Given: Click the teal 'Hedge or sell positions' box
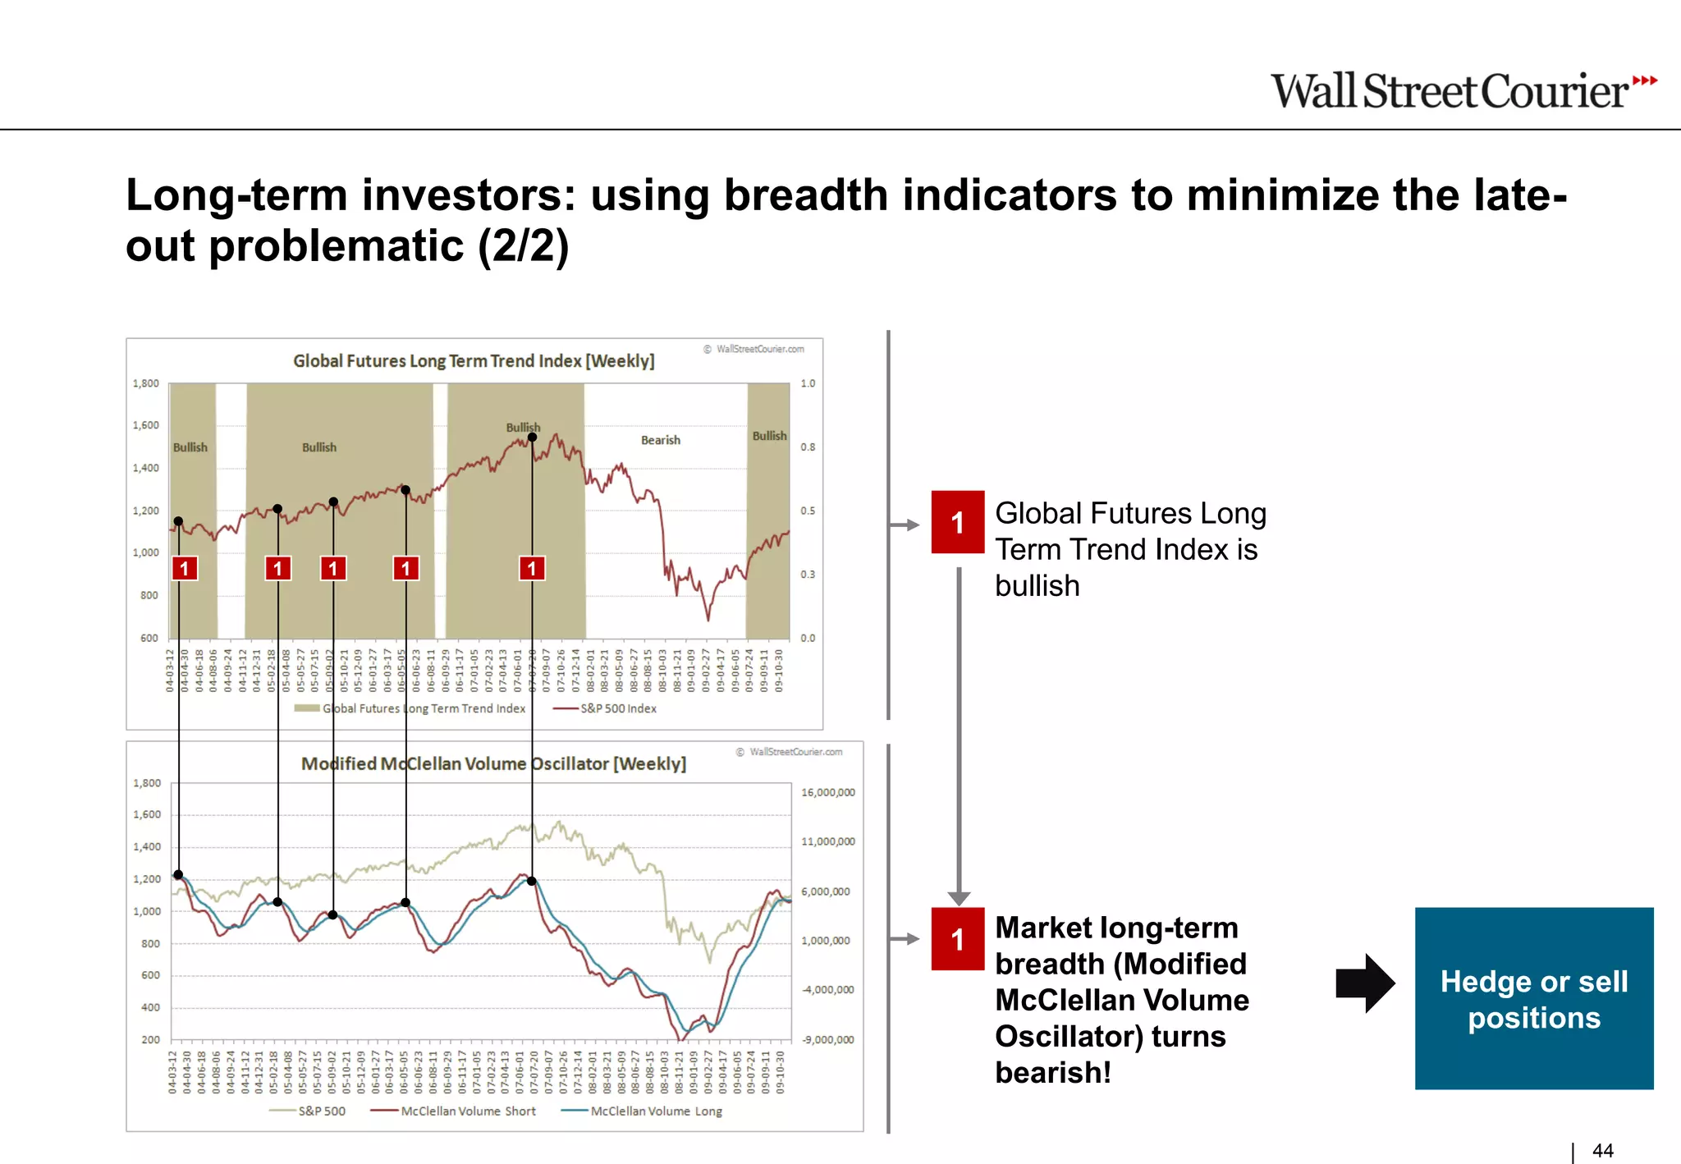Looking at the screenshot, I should click(x=1533, y=998).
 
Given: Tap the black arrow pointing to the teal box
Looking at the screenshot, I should click(x=1364, y=983).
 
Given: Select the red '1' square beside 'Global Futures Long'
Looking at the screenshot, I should click(x=957, y=522).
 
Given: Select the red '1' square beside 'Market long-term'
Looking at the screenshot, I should click(x=957, y=939).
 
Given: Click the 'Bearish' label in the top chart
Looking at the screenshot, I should click(x=660, y=440).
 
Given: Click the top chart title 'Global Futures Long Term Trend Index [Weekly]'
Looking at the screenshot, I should click(x=474, y=360).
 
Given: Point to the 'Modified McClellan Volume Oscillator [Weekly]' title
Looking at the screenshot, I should click(x=493, y=763).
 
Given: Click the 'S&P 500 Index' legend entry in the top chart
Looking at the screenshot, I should click(x=617, y=708).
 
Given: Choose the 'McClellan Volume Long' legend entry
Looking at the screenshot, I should click(x=655, y=1111).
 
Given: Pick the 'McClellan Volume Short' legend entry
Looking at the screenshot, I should click(x=467, y=1111).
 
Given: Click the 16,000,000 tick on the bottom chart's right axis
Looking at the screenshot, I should click(x=827, y=792).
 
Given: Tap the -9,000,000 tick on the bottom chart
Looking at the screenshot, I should click(x=827, y=1039).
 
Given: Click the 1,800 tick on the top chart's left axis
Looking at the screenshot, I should click(x=146, y=383).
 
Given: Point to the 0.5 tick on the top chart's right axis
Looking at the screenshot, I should click(x=808, y=511).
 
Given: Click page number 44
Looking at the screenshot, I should click(x=1602, y=1151).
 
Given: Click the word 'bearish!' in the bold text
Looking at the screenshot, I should click(x=1053, y=1072).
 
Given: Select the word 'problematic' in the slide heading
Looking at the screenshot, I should click(x=336, y=245).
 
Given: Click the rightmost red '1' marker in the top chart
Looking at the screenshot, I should click(x=532, y=568).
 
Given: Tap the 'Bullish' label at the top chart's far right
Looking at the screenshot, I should click(x=769, y=436).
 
